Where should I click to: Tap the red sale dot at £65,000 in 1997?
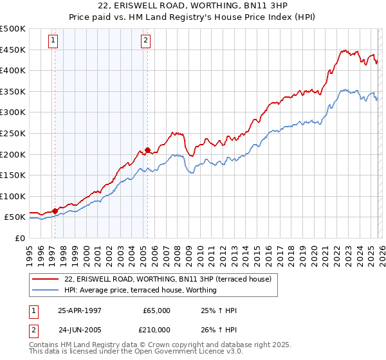(55, 210)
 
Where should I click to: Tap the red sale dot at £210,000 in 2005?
(148, 150)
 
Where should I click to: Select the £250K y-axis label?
(13, 133)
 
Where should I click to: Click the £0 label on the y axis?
(19, 238)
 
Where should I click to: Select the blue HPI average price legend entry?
(140, 290)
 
